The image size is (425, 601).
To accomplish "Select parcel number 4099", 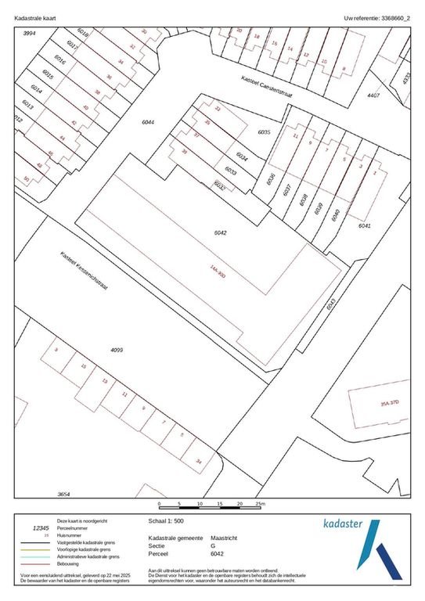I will coord(117,350).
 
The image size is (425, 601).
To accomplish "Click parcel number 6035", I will coord(264,132).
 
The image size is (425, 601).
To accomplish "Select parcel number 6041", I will coord(364,225).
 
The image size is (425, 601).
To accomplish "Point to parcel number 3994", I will coord(31,33).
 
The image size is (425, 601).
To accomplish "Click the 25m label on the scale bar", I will coord(261,504).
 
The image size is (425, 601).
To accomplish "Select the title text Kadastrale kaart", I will coord(36,16).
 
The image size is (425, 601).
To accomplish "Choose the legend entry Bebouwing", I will coord(72,563).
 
